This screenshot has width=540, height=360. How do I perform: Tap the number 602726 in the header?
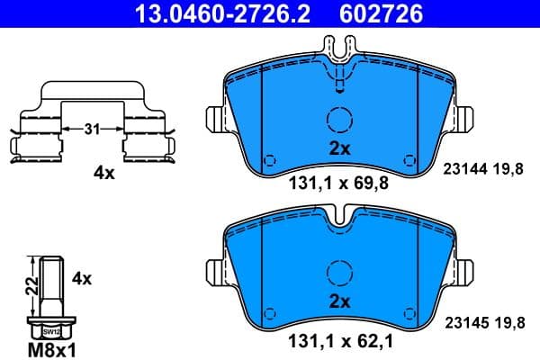click(x=367, y=13)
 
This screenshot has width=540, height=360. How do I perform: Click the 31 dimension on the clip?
click(x=91, y=130)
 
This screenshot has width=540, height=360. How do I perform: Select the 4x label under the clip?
click(x=105, y=173)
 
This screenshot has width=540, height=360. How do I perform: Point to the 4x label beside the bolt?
click(x=81, y=279)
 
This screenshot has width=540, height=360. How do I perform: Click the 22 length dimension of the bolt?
click(x=29, y=286)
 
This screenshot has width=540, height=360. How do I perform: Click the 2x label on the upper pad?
click(x=338, y=149)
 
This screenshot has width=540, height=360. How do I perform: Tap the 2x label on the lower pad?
click(x=338, y=301)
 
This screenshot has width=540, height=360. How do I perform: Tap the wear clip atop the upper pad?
click(x=338, y=63)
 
